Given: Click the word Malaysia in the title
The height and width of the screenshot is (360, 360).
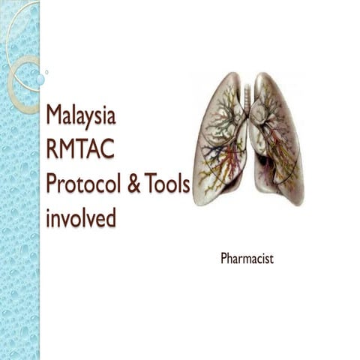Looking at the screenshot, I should (x=80, y=116).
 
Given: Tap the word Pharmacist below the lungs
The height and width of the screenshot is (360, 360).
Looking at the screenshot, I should (x=247, y=259).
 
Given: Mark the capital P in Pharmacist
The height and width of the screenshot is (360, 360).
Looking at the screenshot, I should (x=224, y=259).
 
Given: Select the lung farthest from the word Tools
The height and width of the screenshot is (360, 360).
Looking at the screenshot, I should (x=277, y=139).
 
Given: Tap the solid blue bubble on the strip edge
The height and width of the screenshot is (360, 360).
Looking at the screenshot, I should (x=39, y=78).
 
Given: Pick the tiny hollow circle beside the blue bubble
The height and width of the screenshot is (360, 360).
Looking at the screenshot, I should (x=46, y=72).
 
